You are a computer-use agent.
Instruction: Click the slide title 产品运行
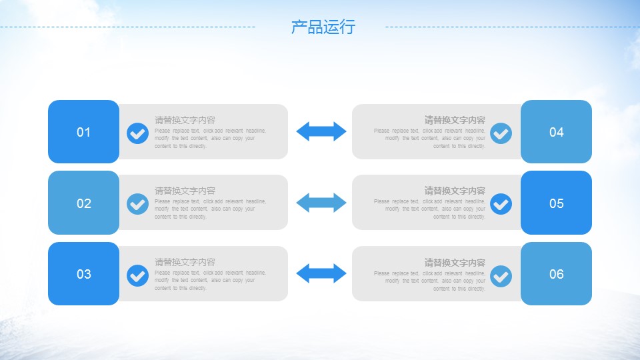point(323,27)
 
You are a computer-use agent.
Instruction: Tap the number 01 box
point(83,132)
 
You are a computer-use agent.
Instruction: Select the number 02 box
point(83,203)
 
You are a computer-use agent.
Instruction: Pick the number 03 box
point(83,274)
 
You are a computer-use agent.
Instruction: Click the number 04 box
point(556,132)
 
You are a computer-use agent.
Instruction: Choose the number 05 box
point(556,203)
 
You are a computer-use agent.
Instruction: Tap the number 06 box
point(556,274)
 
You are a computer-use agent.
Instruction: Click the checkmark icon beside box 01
point(137,133)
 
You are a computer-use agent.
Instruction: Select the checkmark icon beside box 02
point(137,204)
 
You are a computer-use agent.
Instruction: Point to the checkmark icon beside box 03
point(137,275)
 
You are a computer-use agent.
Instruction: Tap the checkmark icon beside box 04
point(501,133)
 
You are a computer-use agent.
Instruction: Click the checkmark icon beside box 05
point(501,204)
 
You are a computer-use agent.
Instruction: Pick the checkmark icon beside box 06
point(501,275)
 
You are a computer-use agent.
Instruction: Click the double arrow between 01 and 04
point(321,131)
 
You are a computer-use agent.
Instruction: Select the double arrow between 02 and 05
point(321,202)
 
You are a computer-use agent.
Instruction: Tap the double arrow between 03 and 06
point(321,273)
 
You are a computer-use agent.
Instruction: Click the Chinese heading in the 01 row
point(185,120)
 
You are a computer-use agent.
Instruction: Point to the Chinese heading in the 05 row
point(455,191)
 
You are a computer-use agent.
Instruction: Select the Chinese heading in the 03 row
point(185,262)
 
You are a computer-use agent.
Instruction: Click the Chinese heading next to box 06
point(455,263)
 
